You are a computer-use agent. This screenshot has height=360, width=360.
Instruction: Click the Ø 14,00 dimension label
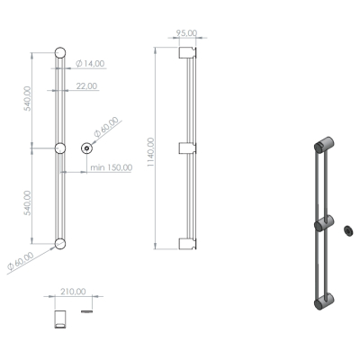(x=90, y=64)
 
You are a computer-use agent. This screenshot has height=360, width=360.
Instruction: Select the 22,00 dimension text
(x=86, y=86)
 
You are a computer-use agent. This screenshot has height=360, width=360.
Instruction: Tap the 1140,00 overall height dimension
(x=151, y=152)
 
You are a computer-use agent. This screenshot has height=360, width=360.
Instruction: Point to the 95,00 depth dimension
(x=186, y=33)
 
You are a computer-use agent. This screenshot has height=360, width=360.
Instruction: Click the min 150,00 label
(x=112, y=167)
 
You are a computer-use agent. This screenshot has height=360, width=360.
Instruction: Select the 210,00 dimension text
(x=73, y=292)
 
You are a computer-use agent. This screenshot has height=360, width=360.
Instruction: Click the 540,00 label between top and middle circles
(x=28, y=98)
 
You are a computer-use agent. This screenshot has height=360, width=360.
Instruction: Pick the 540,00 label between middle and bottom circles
(x=28, y=202)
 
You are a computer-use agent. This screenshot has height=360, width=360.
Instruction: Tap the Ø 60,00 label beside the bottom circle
(x=21, y=262)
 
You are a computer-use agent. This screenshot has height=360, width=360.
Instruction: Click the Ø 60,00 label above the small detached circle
(x=106, y=127)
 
